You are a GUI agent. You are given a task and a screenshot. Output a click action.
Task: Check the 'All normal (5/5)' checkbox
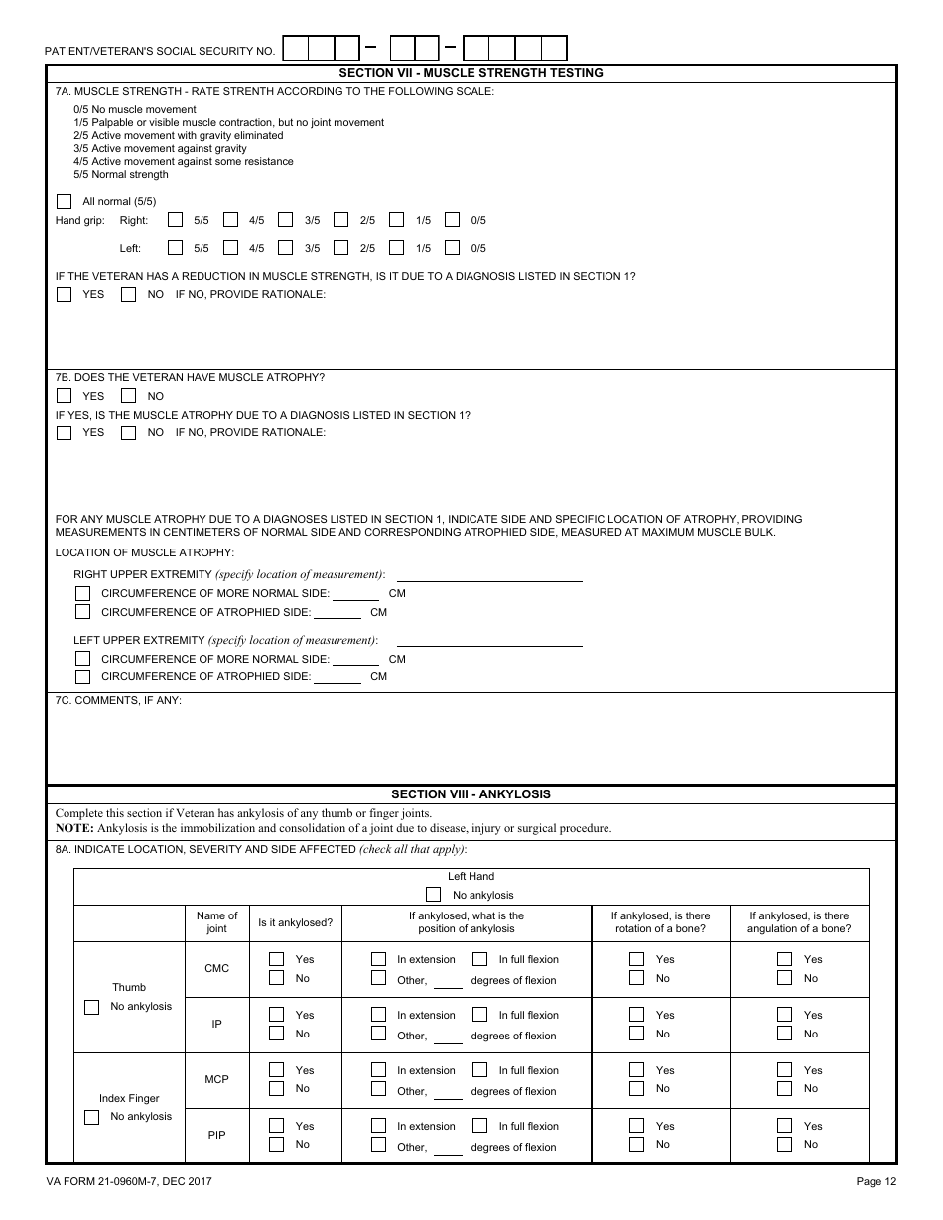(65, 201)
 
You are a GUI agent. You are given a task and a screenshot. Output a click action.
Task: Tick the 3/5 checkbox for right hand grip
(286, 220)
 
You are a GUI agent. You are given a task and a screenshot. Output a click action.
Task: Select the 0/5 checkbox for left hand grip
(453, 248)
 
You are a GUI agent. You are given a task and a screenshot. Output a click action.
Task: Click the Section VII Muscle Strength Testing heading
(471, 73)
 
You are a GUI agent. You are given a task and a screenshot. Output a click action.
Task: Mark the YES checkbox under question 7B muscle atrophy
(65, 396)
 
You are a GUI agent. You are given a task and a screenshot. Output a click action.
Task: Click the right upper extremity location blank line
(489, 574)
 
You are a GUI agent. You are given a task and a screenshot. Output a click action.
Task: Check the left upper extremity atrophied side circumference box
(83, 676)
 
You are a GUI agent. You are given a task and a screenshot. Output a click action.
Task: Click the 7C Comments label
(118, 701)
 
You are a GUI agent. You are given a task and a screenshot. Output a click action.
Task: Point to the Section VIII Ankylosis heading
(471, 794)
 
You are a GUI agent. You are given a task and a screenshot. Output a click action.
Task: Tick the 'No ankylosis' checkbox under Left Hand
(434, 895)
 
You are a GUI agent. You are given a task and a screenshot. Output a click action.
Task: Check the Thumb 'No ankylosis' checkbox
(92, 1007)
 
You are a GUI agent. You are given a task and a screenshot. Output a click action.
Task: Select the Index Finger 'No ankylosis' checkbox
(92, 1117)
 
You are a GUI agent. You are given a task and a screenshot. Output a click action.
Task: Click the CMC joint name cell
(216, 969)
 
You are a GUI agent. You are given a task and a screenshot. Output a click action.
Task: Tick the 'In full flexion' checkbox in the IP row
(480, 1015)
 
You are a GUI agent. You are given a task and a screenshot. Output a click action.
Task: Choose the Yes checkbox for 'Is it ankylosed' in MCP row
(277, 1070)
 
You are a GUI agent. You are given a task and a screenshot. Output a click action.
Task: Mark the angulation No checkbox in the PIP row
(785, 1144)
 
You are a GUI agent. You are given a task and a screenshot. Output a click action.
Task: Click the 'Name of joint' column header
(216, 922)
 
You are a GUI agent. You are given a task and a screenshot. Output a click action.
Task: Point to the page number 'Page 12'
(876, 1181)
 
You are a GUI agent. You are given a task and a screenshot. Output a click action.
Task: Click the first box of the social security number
(296, 48)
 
